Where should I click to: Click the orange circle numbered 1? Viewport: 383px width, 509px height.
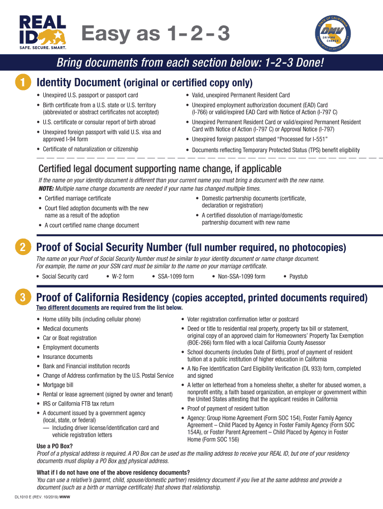click(x=23, y=83)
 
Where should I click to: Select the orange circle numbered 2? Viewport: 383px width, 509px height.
click(x=23, y=248)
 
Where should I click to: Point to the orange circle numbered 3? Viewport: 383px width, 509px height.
click(x=23, y=298)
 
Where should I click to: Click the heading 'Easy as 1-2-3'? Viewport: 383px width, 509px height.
click(x=156, y=34)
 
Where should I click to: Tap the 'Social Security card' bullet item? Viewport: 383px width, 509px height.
click(x=65, y=276)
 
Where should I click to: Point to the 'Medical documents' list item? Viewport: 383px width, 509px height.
click(x=65, y=329)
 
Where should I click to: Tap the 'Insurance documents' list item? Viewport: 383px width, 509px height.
click(x=67, y=357)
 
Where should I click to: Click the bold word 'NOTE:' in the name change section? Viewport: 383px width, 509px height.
click(x=46, y=189)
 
